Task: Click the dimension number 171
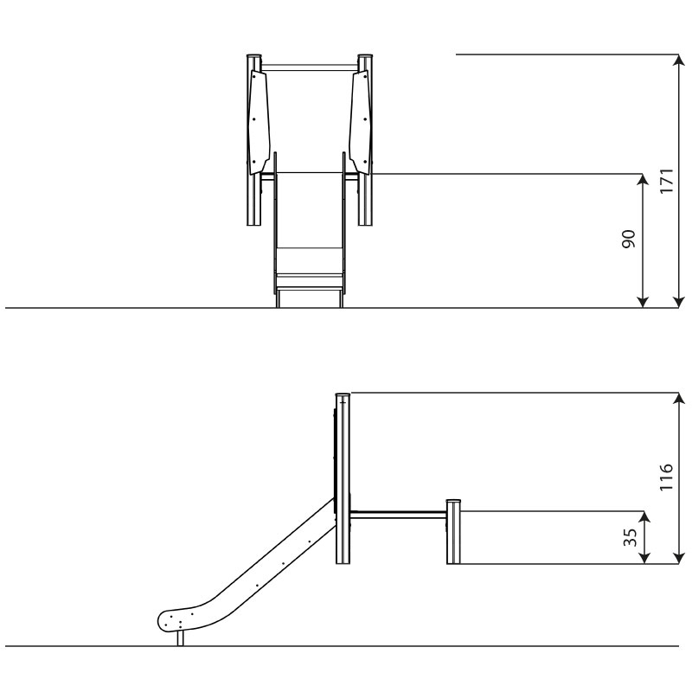point(666,181)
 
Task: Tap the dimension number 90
point(629,240)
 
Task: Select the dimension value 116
point(666,477)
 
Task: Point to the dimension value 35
point(631,537)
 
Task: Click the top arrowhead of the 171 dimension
point(678,60)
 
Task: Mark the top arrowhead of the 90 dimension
point(644,180)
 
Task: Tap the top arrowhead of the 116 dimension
point(679,398)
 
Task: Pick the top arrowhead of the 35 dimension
point(644,517)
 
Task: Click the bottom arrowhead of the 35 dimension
point(644,558)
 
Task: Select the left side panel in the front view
point(259,122)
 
